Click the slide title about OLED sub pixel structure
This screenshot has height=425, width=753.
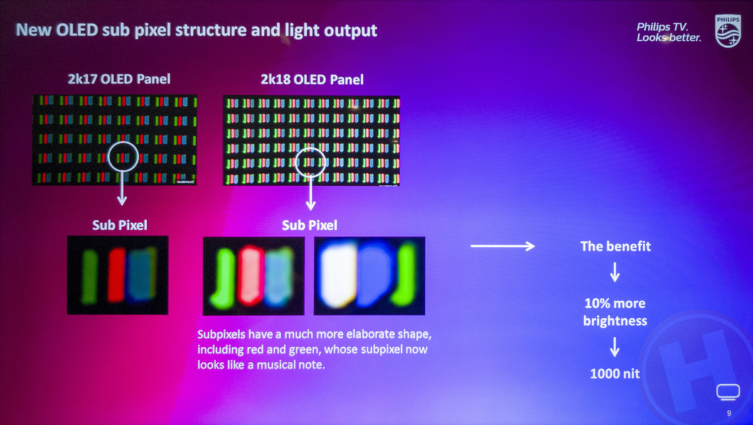(x=196, y=30)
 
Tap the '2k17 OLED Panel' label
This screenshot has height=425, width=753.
(x=119, y=79)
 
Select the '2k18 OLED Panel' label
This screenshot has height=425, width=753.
(x=312, y=80)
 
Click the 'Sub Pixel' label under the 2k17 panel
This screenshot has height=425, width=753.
(x=120, y=225)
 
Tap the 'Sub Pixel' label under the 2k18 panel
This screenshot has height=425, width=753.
(x=309, y=225)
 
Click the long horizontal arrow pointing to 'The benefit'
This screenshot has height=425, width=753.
(x=502, y=246)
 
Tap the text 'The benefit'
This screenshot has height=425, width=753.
(x=616, y=246)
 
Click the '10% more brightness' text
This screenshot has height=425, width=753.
(x=615, y=312)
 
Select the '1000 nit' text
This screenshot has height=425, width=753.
(x=615, y=374)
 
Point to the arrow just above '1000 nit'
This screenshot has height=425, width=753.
(x=615, y=346)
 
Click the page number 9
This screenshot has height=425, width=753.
(x=729, y=413)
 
